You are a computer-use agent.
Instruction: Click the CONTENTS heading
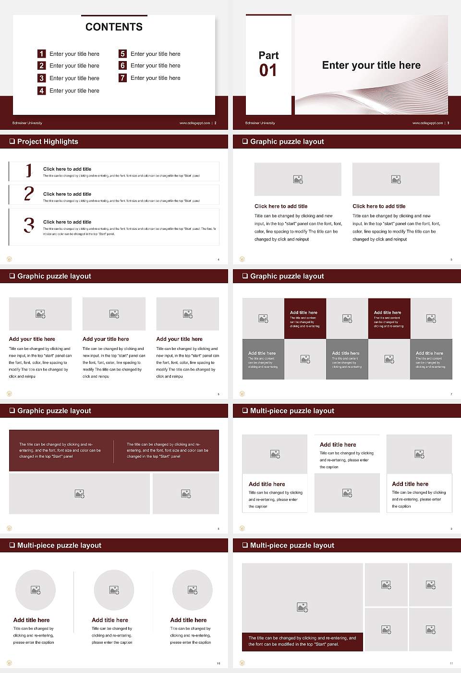(114, 27)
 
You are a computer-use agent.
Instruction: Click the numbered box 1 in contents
(42, 54)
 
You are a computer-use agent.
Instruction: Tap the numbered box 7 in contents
(123, 78)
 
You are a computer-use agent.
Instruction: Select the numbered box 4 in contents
(42, 90)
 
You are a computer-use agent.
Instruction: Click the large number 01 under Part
(268, 71)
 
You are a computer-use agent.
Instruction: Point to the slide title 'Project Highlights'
(48, 141)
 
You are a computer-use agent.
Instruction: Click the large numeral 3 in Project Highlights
(29, 225)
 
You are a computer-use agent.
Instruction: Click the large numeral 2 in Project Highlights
(29, 194)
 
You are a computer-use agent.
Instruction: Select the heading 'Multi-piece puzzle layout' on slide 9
(292, 411)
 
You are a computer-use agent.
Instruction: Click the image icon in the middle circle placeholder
(114, 590)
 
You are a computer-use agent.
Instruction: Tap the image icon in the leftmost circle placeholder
(36, 590)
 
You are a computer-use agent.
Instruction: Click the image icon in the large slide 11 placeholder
(302, 608)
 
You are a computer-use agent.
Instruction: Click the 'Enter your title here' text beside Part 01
(371, 65)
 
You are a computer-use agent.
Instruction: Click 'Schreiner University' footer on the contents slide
(27, 123)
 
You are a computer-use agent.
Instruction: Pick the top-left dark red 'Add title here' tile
(305, 318)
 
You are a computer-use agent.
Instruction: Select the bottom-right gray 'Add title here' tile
(431, 359)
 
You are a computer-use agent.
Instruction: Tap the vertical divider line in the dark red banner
(114, 451)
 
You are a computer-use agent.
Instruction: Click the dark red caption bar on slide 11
(302, 641)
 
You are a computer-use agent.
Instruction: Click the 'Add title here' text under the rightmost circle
(188, 620)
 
